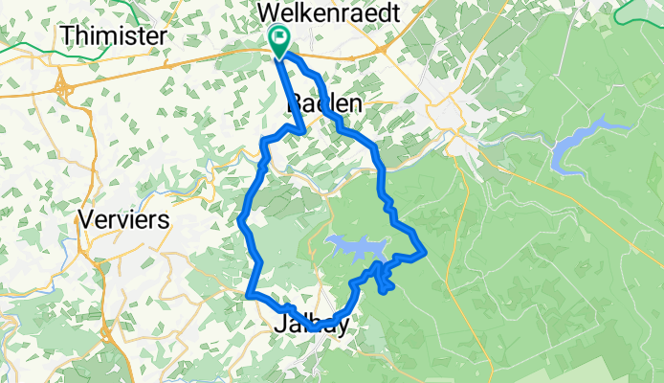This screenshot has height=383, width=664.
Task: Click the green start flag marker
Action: pyautogui.click(x=279, y=41)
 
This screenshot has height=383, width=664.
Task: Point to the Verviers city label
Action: pyautogui.click(x=125, y=219)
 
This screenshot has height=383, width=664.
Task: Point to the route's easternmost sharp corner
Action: pyautogui.click(x=424, y=253)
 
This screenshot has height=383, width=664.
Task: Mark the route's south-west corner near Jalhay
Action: pyautogui.click(x=249, y=295)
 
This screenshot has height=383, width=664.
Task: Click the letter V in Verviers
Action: pyautogui.click(x=86, y=219)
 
